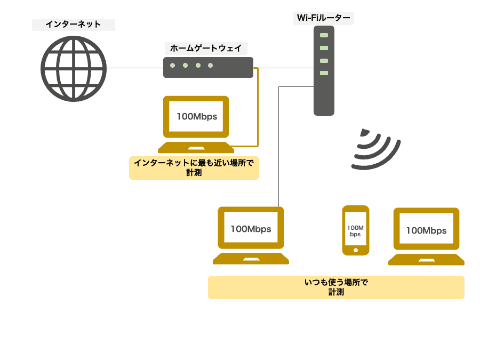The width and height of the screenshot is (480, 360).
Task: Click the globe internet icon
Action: [73, 68]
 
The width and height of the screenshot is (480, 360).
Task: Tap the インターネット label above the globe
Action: [67, 21]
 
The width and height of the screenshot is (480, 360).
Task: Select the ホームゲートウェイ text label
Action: [206, 46]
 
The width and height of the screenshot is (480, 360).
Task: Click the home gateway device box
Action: [207, 67]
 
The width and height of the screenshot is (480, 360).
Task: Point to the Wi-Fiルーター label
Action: [323, 17]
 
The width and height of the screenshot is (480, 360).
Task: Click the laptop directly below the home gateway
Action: [195, 123]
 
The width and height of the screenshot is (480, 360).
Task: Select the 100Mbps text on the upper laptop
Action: [195, 117]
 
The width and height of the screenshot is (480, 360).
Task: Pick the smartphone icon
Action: [355, 235]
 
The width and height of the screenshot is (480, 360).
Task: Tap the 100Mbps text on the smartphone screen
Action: [355, 231]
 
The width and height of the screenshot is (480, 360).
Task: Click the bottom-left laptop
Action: [250, 236]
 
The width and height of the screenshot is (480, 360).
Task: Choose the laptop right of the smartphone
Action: [425, 237]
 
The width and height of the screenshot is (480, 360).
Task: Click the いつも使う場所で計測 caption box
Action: [336, 288]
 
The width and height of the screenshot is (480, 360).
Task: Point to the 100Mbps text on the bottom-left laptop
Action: [250, 229]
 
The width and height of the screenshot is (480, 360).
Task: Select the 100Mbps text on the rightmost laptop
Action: [425, 231]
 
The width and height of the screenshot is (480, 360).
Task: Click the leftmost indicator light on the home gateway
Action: [175, 67]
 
